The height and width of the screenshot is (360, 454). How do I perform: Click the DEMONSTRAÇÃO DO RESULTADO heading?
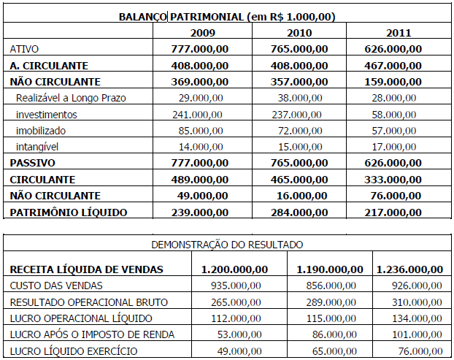pyautogui.click(x=226, y=245)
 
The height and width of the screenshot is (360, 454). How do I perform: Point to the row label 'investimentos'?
pyautogui.click(x=46, y=114)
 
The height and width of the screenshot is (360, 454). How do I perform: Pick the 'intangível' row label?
pyautogui.click(x=40, y=146)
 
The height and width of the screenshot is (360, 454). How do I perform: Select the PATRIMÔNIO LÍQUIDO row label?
pyautogui.click(x=69, y=212)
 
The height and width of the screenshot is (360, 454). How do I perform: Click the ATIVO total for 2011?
pyautogui.click(x=393, y=49)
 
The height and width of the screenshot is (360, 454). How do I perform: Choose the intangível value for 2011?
pyautogui.click(x=393, y=146)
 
